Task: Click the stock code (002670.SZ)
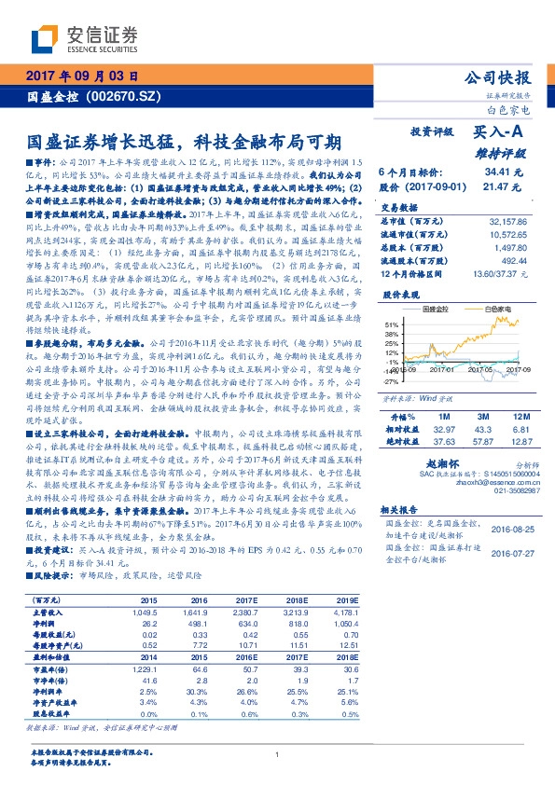[119, 97]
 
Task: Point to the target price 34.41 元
[502, 172]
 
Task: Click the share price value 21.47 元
[504, 186]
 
